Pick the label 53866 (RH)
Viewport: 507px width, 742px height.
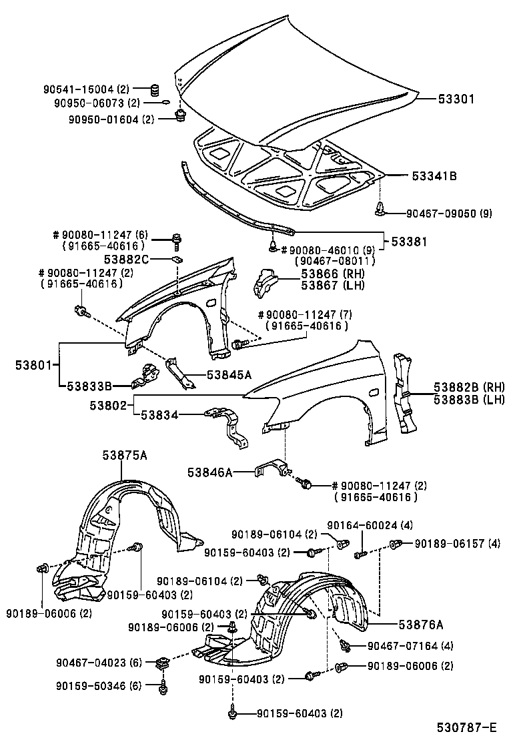click(323, 274)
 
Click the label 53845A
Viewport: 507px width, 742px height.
click(229, 375)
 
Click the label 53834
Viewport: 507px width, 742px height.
click(159, 414)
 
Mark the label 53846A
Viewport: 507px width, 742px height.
click(209, 472)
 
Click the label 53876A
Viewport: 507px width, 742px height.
click(421, 624)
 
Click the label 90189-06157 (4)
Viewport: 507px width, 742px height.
click(457, 543)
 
